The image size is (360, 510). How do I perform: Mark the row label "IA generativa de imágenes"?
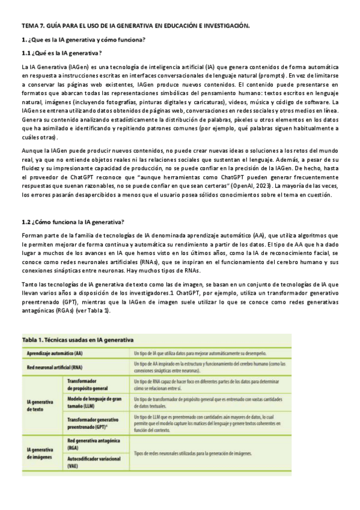(x=40, y=453)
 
